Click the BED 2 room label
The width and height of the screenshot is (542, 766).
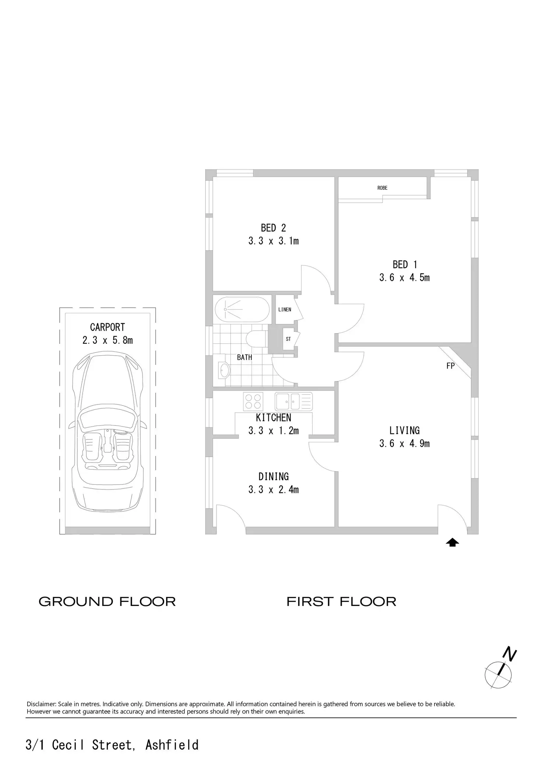point(273,228)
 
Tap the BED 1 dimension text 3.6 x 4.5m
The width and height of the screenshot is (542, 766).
point(404,278)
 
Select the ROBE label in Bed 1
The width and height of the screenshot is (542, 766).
point(382,188)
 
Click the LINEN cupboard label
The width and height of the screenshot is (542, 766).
point(285,310)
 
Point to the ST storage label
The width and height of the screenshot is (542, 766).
point(288,339)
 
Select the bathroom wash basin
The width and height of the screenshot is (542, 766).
point(224,370)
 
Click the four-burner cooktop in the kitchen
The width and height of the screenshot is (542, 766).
point(253,401)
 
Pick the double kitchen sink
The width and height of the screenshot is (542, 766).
point(293,401)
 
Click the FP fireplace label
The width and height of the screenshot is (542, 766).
point(450,366)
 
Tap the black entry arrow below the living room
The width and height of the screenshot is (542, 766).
point(453,542)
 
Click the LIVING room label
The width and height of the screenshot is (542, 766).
point(404,430)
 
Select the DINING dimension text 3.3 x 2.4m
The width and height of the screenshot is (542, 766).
point(273,490)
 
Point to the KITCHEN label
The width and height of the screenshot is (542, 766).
point(273,418)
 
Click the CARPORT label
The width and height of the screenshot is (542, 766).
point(108,327)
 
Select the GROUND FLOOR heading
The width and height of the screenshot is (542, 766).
point(107,602)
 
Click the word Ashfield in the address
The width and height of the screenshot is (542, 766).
point(172,745)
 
